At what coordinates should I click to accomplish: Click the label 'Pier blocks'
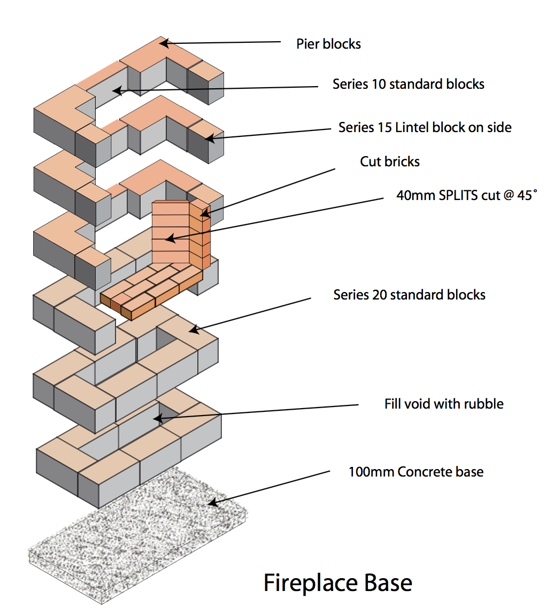[328, 44]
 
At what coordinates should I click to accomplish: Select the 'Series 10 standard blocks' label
[408, 85]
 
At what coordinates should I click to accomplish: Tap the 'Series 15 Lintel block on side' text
[425, 128]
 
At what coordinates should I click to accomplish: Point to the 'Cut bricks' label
[389, 162]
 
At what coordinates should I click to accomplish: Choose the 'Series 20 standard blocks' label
[409, 295]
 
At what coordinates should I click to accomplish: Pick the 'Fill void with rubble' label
[443, 403]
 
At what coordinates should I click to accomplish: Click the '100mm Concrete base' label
[416, 472]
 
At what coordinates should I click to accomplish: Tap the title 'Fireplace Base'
[338, 582]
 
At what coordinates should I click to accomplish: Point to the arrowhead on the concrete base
[212, 503]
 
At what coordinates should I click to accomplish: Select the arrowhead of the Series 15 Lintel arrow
[210, 139]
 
